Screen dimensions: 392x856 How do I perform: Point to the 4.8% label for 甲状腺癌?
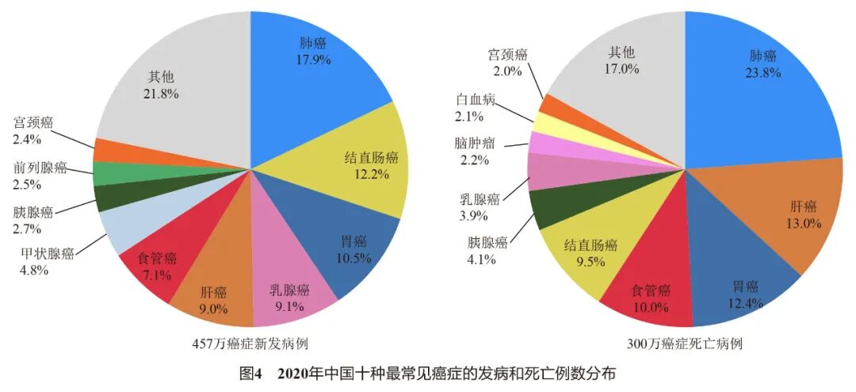[x=35, y=270]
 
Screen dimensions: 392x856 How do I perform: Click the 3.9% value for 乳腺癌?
[x=479, y=216]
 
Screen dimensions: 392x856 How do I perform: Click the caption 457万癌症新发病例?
[x=250, y=344]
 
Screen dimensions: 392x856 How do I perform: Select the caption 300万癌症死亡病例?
[x=685, y=344]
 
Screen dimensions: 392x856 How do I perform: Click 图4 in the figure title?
[x=250, y=373]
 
